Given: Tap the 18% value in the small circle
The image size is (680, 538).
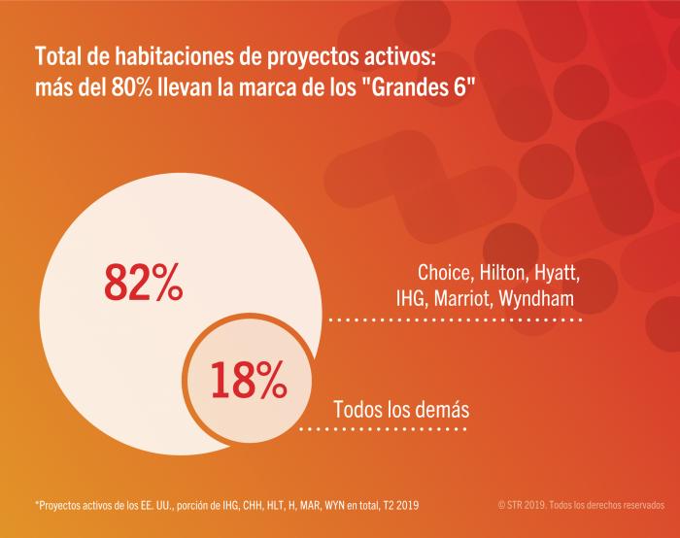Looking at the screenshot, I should (249, 381).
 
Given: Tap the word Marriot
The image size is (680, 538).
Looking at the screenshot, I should (464, 297).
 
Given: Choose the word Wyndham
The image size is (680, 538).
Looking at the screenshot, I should (539, 298).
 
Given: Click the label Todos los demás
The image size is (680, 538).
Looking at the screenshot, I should (401, 410).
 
